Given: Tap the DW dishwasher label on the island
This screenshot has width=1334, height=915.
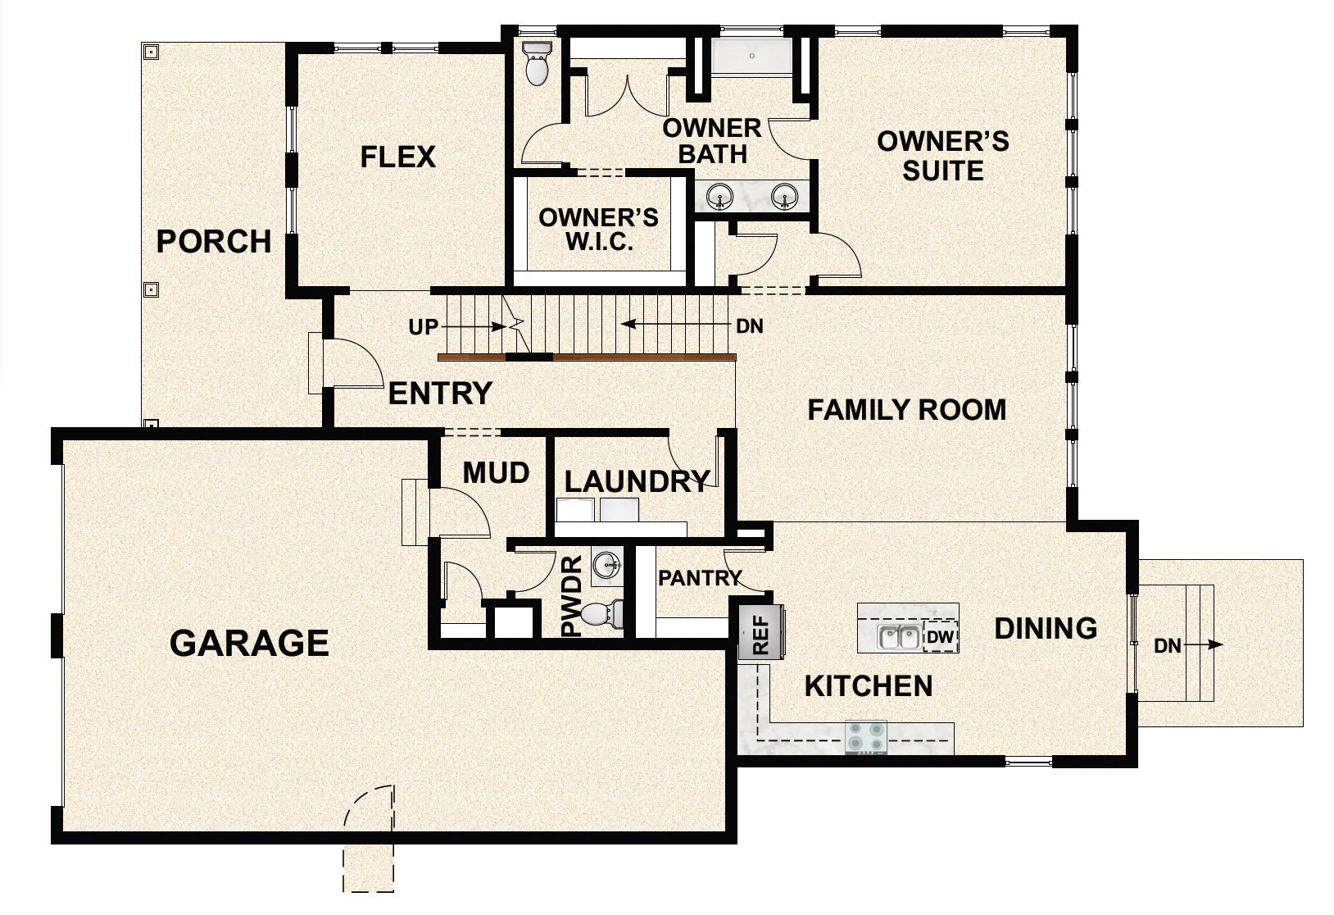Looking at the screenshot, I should click(939, 636).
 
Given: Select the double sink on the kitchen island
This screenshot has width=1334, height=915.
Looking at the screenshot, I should click(898, 637).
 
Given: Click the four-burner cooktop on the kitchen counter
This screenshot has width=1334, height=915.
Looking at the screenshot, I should click(866, 736).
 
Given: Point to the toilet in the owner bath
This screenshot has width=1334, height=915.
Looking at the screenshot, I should click(537, 66).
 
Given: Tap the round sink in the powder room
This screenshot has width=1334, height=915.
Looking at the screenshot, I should click(606, 563).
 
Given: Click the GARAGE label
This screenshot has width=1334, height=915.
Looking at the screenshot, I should click(249, 643).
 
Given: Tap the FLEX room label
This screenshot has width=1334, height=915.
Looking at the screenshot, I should click(398, 157).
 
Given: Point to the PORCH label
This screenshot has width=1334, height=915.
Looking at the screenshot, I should click(213, 242).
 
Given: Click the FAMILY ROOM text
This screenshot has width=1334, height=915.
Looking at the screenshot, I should click(906, 409).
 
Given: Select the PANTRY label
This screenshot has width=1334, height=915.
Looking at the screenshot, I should click(700, 578).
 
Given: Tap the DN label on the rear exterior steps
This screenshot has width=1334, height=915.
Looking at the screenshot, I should click(1167, 646).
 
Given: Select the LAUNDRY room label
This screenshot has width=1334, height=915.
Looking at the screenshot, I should click(636, 481).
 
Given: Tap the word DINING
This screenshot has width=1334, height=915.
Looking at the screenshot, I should click(1046, 628).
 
